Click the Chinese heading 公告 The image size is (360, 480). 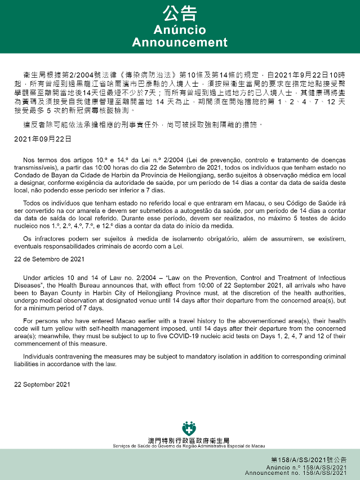point(180,14)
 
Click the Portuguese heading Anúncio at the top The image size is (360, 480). point(180,30)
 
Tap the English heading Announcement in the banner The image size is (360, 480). point(180,43)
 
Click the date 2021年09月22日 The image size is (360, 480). point(43,138)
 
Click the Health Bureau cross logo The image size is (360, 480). point(189,428)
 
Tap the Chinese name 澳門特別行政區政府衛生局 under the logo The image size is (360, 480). point(189,440)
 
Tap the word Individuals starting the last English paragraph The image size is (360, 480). point(40,357)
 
